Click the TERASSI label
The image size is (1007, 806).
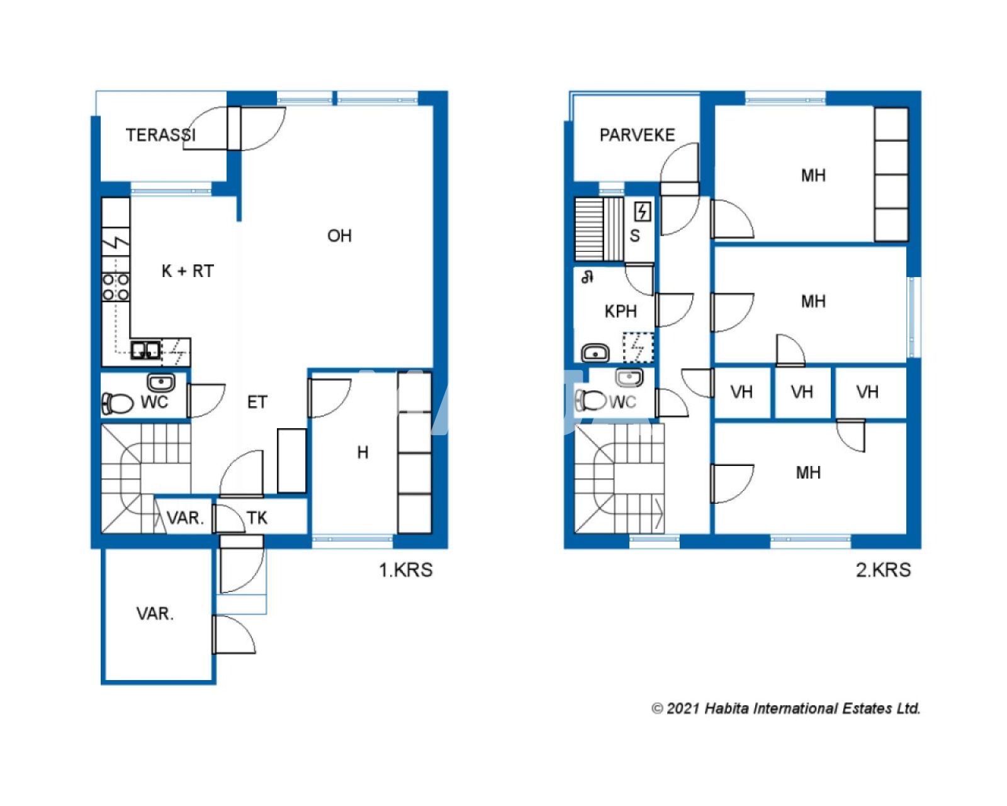[160, 135]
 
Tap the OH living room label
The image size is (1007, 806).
[339, 236]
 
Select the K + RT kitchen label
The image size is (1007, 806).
[188, 271]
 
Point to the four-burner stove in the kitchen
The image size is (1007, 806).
[116, 287]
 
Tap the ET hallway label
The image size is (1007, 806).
[257, 402]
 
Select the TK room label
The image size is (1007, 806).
[257, 518]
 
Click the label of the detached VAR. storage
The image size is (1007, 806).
[155, 613]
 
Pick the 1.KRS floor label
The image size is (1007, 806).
[405, 570]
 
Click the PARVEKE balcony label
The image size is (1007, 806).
[637, 135]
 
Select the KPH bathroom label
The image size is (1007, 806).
[621, 312]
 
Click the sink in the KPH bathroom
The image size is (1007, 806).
[595, 353]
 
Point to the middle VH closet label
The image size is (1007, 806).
[802, 393]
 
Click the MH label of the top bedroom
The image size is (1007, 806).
[813, 176]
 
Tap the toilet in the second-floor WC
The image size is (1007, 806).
[591, 400]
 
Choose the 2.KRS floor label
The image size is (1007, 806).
[883, 570]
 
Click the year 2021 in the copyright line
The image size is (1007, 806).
[683, 709]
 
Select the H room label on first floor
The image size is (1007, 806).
[363, 453]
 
